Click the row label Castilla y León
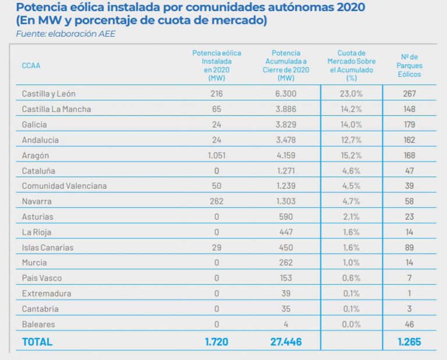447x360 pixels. click(x=48, y=93)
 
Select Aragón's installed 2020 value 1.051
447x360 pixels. click(x=217, y=155)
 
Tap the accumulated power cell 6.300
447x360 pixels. click(x=286, y=93)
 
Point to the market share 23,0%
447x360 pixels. click(x=352, y=93)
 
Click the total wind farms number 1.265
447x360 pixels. click(x=409, y=342)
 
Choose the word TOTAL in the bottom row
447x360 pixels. click(x=37, y=342)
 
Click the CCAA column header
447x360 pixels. click(x=31, y=65)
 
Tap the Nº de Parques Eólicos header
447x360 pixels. click(x=410, y=65)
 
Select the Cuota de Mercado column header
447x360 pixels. click(x=352, y=65)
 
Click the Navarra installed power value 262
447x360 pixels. click(x=217, y=201)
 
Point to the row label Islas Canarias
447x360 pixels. click(x=48, y=248)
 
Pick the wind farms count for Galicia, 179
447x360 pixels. click(x=410, y=124)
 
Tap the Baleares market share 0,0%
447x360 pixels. click(x=352, y=324)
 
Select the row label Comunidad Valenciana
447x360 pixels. click(x=64, y=186)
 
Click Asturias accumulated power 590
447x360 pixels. click(x=286, y=217)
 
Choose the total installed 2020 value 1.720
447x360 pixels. click(x=217, y=342)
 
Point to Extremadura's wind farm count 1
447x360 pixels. click(x=410, y=294)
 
